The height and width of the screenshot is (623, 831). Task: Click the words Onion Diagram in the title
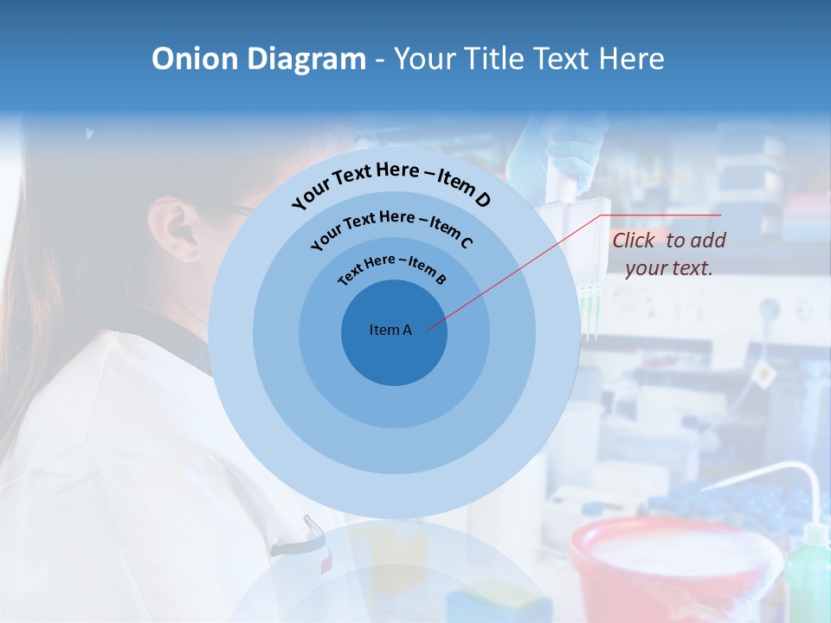tap(258, 59)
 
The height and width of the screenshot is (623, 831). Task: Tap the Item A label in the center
tap(390, 330)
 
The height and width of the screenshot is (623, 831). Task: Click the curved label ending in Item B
tap(392, 267)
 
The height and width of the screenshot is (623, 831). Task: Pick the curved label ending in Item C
tap(391, 227)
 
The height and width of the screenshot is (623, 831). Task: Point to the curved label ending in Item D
tap(391, 183)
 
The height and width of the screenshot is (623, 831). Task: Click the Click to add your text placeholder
tap(668, 254)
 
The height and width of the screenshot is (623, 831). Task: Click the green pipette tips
tap(590, 311)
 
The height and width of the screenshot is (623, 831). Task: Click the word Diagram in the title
tap(307, 59)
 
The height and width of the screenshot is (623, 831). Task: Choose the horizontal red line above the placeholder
tap(662, 215)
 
